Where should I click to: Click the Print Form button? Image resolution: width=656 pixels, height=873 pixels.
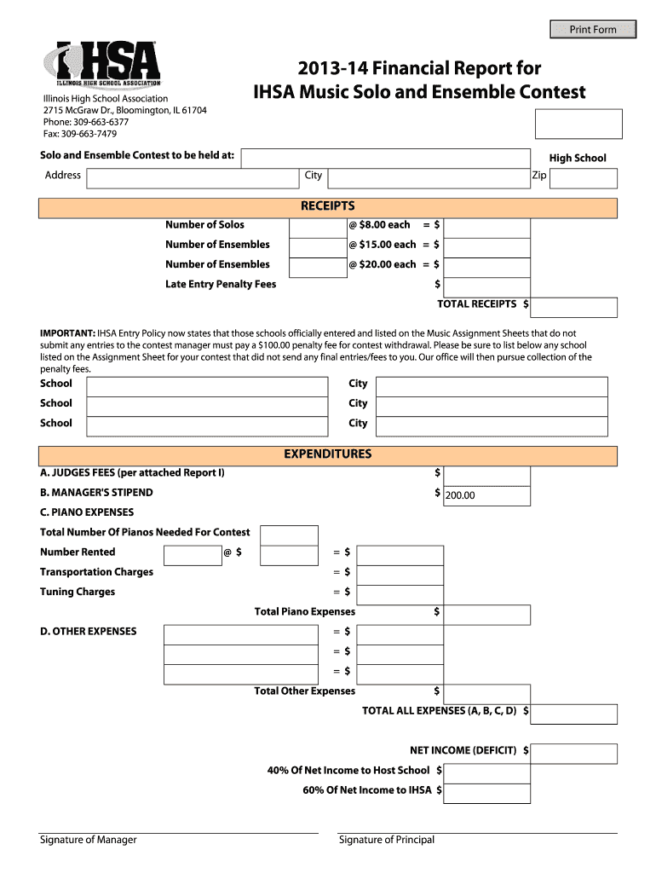593,30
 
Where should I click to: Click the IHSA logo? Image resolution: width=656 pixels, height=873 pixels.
107,65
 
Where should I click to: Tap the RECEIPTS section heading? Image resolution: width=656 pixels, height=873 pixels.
328,207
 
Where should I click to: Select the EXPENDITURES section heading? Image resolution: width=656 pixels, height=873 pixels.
328,454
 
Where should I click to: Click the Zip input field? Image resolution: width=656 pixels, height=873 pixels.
584,177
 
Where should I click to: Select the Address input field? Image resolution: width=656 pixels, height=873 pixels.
193,177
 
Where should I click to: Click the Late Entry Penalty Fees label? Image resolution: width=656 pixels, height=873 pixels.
221,284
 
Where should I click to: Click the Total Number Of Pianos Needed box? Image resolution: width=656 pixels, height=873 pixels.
289,535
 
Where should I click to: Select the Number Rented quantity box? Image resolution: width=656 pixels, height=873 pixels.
192,555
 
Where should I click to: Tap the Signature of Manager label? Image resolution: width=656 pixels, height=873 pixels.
89,840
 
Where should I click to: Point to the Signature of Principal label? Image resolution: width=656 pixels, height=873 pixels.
387,840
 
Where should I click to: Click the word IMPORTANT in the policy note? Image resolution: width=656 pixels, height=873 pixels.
67,333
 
